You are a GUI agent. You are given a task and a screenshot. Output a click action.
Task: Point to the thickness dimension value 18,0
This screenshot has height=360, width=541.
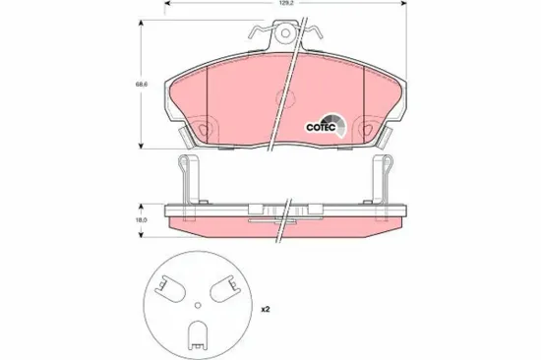coord(141,221)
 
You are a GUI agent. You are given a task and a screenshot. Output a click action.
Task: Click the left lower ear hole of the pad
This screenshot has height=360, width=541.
coord(204,127)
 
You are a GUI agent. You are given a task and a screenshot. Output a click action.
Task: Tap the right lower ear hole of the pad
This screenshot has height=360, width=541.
coord(365,127)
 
